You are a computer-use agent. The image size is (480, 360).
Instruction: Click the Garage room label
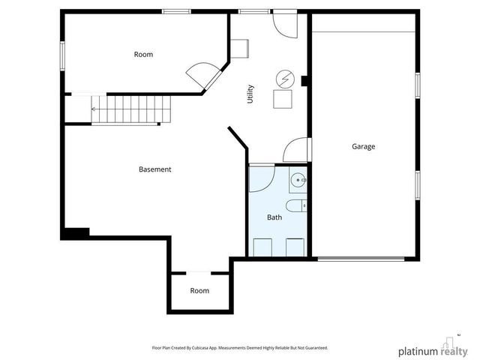coord(363,147)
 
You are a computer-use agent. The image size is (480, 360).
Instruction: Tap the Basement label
coord(155,169)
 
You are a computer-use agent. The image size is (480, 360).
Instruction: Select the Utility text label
coord(250,94)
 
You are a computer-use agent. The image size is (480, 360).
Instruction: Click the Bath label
coord(274,217)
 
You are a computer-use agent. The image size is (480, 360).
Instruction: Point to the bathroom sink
coord(298,180)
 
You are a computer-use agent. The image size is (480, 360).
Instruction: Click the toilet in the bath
coord(296,205)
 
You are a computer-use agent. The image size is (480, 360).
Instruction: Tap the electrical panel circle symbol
coord(285,79)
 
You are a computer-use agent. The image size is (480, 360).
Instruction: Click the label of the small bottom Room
coord(199,290)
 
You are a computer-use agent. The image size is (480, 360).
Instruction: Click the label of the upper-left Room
coord(143,55)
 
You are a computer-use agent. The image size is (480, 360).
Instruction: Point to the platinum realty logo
coord(433,349)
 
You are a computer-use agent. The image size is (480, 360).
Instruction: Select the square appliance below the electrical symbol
coord(283,99)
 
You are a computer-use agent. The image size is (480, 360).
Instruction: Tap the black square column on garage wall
coord(304,81)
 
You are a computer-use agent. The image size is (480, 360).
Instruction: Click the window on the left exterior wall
coord(62,56)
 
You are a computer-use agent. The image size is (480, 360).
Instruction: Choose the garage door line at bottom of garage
coord(361,259)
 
